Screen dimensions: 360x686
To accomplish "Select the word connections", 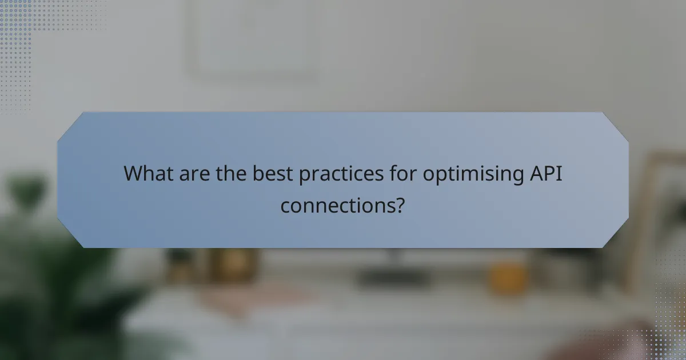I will [337, 205].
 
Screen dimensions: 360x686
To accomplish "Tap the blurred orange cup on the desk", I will [508, 277].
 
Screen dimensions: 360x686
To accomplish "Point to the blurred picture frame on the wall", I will [252, 40].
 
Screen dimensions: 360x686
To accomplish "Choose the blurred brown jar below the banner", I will [232, 265].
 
